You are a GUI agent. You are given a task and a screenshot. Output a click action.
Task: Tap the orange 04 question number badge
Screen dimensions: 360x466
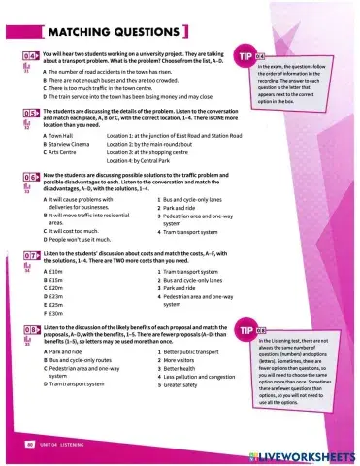pyautogui.click(x=30, y=57)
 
